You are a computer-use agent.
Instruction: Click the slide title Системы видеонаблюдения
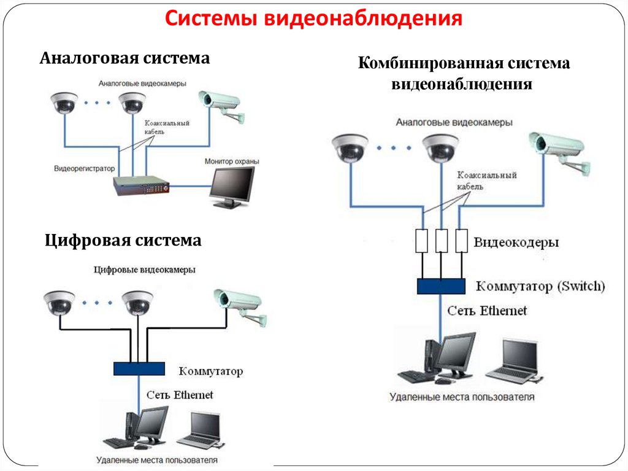(313, 20)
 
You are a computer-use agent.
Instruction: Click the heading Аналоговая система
(125, 58)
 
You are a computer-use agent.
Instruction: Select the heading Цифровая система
(123, 240)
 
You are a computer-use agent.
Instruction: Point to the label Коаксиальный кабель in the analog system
(166, 127)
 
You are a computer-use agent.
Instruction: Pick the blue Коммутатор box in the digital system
(139, 368)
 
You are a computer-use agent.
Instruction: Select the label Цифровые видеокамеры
(145, 270)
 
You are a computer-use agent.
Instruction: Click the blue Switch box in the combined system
(442, 286)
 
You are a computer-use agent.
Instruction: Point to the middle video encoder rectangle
(442, 241)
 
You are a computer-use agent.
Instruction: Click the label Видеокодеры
(516, 243)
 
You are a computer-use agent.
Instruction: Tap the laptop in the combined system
(513, 361)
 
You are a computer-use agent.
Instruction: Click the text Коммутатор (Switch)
(540, 286)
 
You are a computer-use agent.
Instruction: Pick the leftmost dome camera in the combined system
(350, 147)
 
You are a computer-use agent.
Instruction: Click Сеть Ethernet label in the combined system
(486, 311)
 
